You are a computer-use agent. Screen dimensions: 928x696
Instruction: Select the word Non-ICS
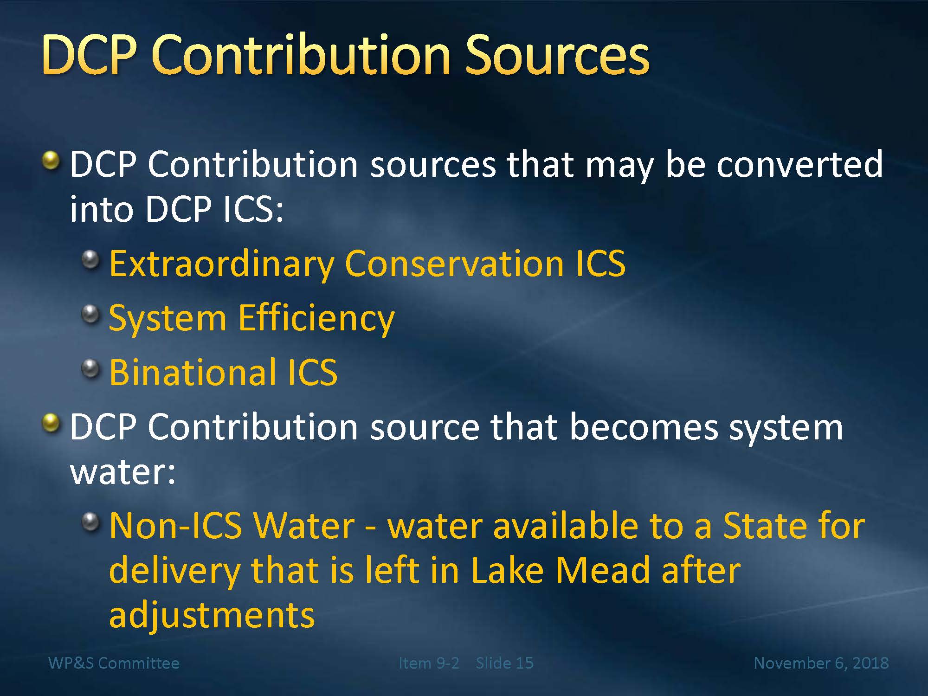point(176,525)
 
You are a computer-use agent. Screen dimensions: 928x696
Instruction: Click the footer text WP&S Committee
point(114,663)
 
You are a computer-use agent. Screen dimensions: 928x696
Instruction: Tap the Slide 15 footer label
point(504,663)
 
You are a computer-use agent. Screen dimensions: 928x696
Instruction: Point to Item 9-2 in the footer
point(429,663)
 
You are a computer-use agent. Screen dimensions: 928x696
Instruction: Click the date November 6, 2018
point(821,663)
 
